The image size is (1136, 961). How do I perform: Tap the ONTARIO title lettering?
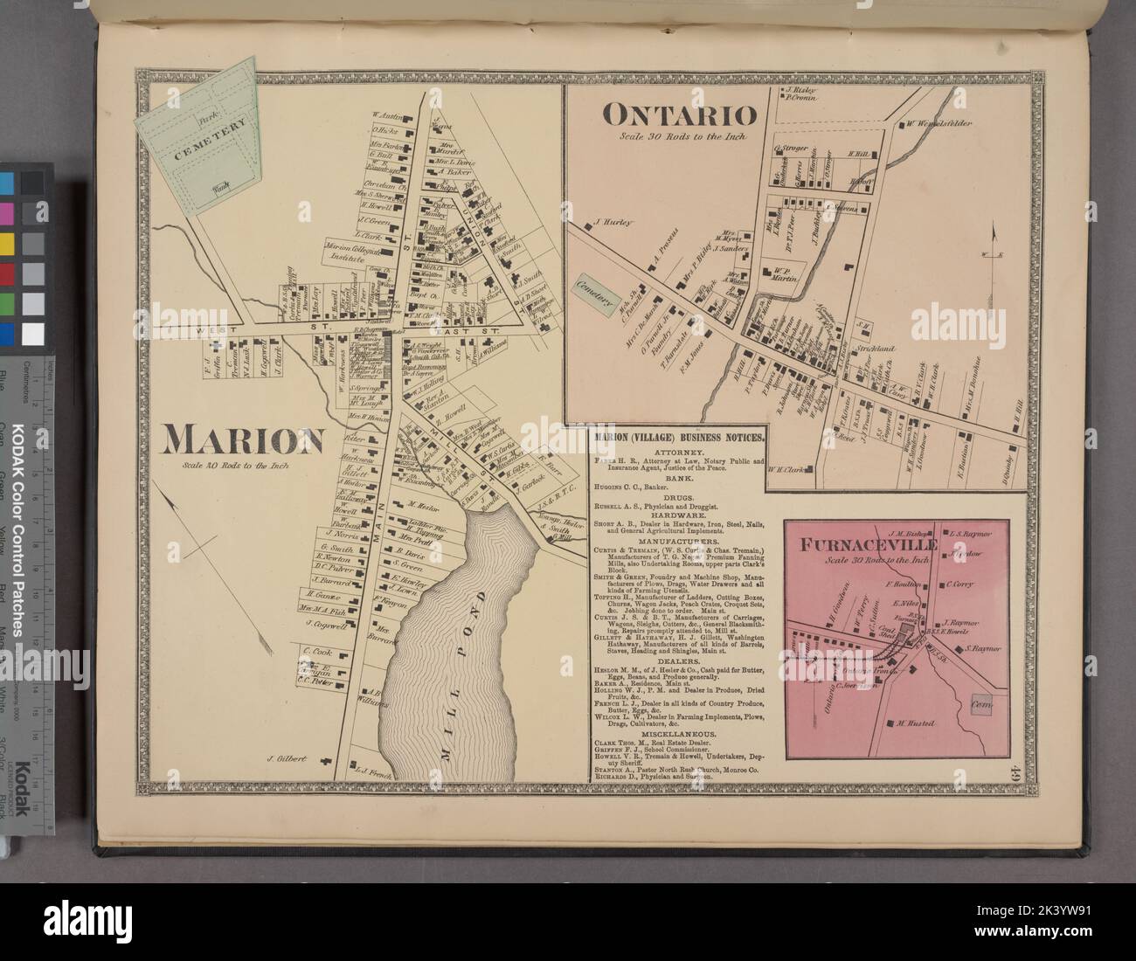click(x=677, y=115)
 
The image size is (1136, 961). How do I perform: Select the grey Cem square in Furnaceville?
click(x=979, y=703)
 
